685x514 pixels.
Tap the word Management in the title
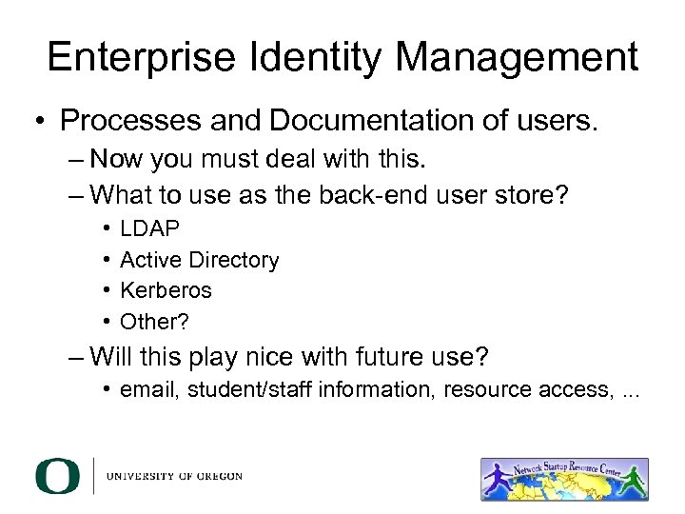[517, 58]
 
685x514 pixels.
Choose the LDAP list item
[149, 229]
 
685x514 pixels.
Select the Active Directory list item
[199, 260]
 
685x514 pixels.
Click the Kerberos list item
[166, 290]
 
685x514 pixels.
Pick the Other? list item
[154, 321]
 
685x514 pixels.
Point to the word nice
[256, 358]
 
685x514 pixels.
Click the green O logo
[57, 476]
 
